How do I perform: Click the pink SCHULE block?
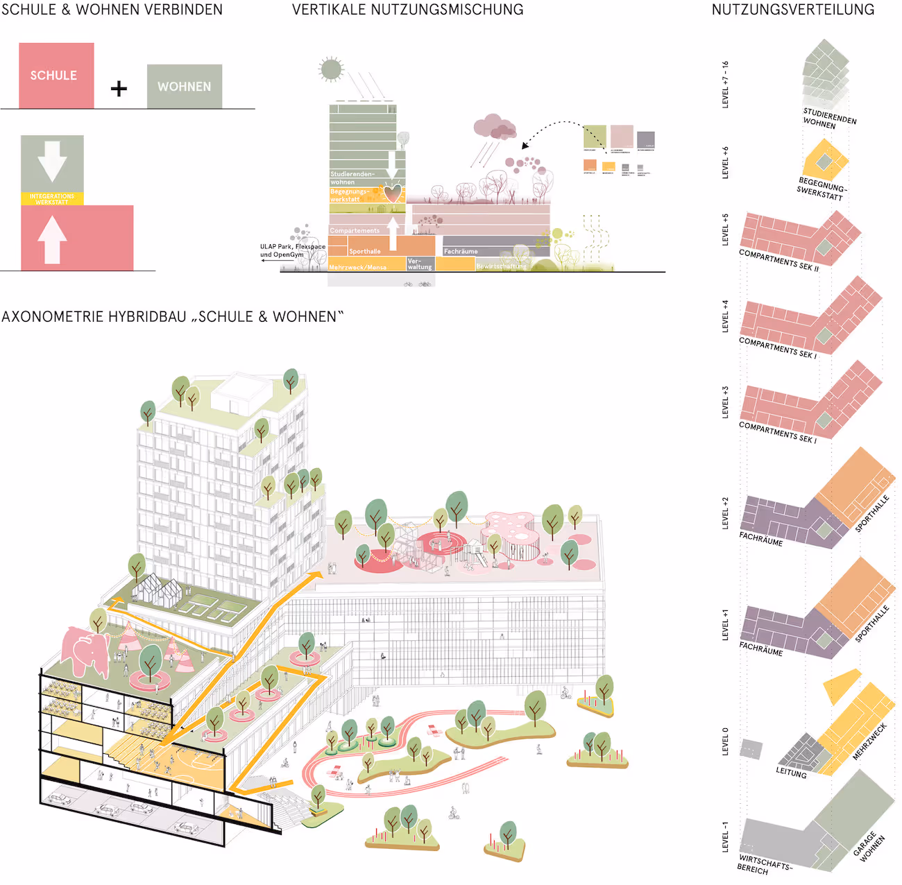coord(56,76)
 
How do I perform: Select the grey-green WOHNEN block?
coord(185,87)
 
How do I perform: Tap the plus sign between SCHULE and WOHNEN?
coord(119,89)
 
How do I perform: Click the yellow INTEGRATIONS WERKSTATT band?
coord(52,199)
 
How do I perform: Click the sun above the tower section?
coord(331,69)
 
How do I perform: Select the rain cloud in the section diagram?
coord(495,128)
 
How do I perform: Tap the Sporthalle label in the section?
coord(365,251)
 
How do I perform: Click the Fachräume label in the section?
coord(461,251)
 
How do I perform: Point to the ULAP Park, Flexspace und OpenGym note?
coord(292,250)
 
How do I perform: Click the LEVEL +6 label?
coord(725,162)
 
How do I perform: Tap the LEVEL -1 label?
coord(725,836)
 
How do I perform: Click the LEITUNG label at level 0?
coord(791,773)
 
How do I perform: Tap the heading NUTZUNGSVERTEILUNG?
coord(793,10)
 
